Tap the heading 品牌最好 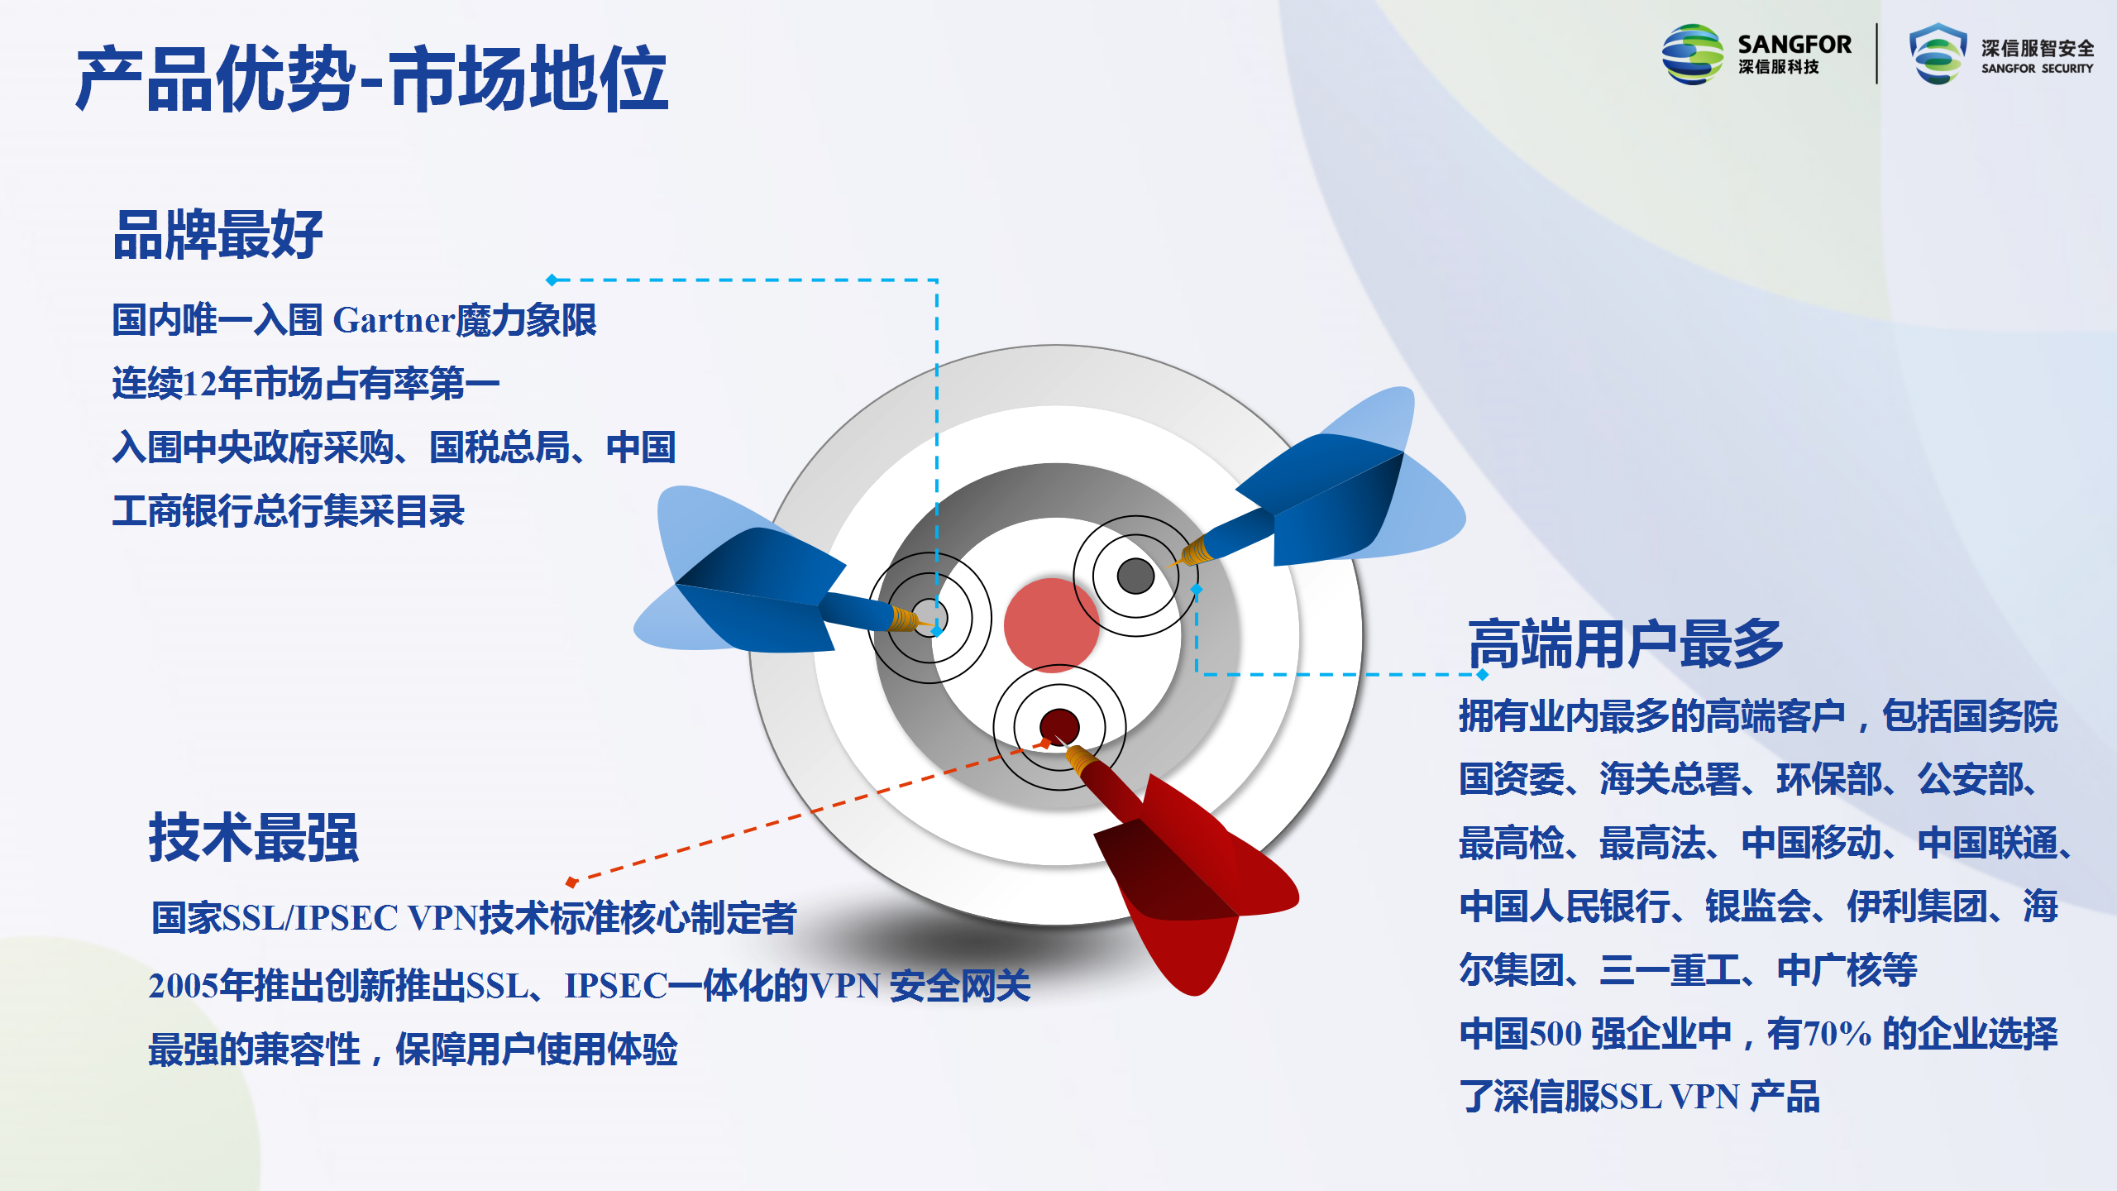pyautogui.click(x=217, y=235)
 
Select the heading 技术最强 pyautogui.click(x=254, y=837)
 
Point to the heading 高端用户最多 pyautogui.click(x=1626, y=643)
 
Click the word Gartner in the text pyautogui.click(x=394, y=320)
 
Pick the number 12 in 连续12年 pyautogui.click(x=200, y=384)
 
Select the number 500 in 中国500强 pyautogui.click(x=1555, y=1034)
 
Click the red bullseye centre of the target pyautogui.click(x=1052, y=625)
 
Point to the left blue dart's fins pyautogui.click(x=736, y=571)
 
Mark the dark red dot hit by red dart pyautogui.click(x=1059, y=727)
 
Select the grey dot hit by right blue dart pyautogui.click(x=1135, y=576)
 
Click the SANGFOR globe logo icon pyautogui.click(x=1693, y=55)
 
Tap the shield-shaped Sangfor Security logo pyautogui.click(x=1938, y=54)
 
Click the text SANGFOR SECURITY pyautogui.click(x=2037, y=69)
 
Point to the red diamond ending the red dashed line pyautogui.click(x=571, y=882)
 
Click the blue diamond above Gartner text pyautogui.click(x=552, y=280)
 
